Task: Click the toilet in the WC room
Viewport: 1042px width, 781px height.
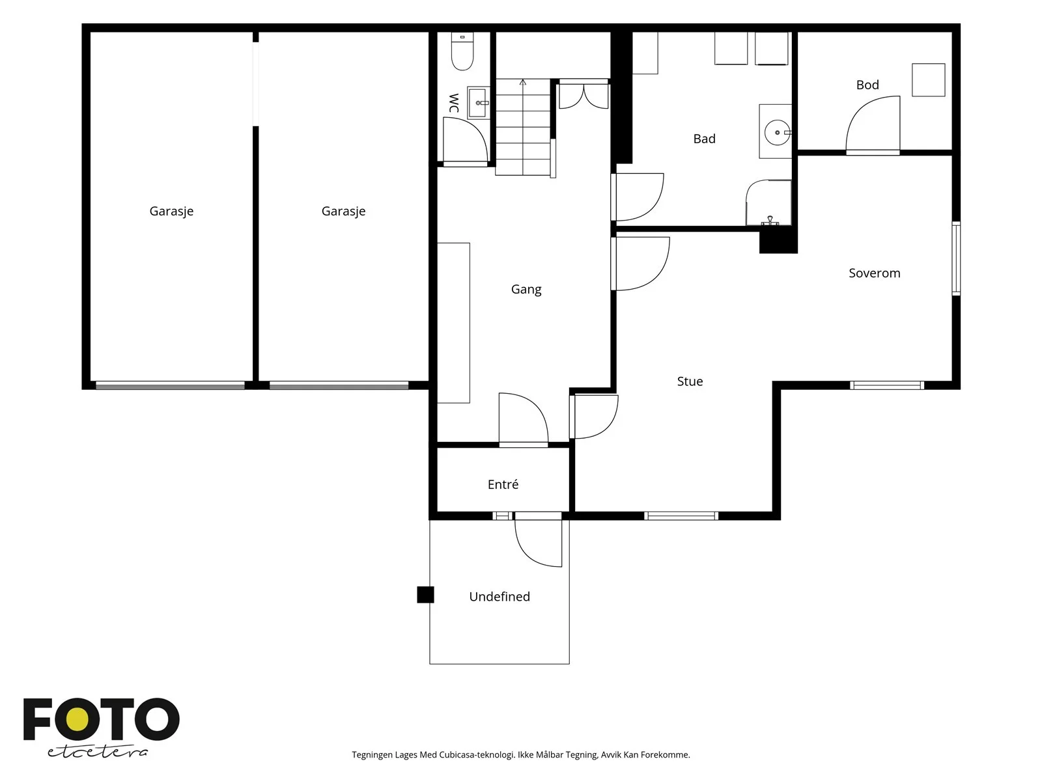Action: (462, 51)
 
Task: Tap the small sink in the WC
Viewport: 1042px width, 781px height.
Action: (478, 102)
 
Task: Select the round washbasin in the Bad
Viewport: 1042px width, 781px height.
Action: (777, 132)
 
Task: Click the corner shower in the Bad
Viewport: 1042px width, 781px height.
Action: (768, 202)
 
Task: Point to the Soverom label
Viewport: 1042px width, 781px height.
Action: (874, 273)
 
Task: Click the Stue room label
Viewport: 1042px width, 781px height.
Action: (690, 381)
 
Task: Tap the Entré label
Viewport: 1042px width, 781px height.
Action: (503, 484)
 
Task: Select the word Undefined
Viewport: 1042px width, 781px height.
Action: (500, 597)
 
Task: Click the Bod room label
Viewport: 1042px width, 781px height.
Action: (867, 85)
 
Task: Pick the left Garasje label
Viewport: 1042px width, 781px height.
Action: (171, 212)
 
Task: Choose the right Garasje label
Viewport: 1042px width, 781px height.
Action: (343, 212)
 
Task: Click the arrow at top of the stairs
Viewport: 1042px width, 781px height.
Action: (523, 83)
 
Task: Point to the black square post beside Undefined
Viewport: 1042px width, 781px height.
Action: (425, 595)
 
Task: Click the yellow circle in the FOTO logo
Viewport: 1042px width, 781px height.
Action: (77, 720)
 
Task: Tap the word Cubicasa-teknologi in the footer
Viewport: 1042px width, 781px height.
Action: (477, 754)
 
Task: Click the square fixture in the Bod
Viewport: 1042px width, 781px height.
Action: (928, 80)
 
